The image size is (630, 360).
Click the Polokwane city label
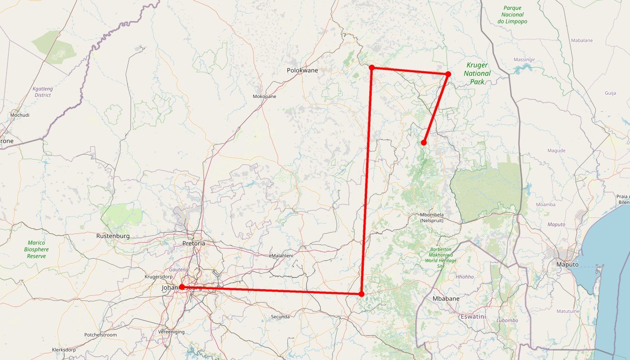tap(302, 70)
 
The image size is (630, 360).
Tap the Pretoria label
tap(194, 244)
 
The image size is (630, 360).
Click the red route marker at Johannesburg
tap(182, 287)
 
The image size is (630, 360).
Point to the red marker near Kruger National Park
tap(448, 74)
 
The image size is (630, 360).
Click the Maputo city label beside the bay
tap(567, 265)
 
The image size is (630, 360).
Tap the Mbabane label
tap(446, 299)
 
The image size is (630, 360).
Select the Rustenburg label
tap(112, 236)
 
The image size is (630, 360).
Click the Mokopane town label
tap(264, 97)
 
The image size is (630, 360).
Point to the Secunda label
tap(280, 317)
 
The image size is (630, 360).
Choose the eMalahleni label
tap(281, 255)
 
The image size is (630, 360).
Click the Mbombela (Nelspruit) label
tap(432, 217)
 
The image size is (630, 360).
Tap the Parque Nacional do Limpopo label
tap(512, 15)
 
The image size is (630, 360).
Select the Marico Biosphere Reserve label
tap(36, 249)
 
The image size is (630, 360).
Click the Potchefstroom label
tap(100, 335)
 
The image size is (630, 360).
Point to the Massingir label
tap(524, 60)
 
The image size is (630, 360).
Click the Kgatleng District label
tap(43, 92)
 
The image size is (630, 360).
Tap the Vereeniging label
tap(172, 332)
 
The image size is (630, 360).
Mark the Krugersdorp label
tap(158, 277)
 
